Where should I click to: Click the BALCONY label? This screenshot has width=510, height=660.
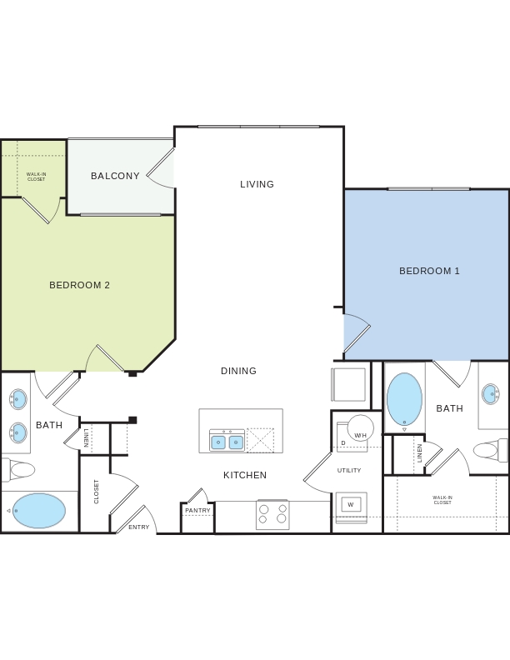click(x=115, y=176)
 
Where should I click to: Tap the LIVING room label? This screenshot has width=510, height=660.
click(x=257, y=184)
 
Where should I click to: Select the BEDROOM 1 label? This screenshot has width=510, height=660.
click(x=429, y=271)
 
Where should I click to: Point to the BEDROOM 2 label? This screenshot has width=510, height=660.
click(x=79, y=285)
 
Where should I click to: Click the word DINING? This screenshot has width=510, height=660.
click(x=238, y=371)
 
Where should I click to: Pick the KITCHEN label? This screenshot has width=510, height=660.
click(x=245, y=475)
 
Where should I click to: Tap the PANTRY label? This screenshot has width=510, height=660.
click(x=197, y=511)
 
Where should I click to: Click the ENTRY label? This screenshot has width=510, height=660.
click(x=139, y=527)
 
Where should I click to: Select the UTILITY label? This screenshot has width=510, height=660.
click(x=349, y=471)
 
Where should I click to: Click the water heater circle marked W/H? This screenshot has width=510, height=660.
click(x=360, y=428)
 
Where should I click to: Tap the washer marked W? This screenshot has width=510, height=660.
click(x=351, y=505)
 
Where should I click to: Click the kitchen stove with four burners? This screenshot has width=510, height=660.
click(x=272, y=514)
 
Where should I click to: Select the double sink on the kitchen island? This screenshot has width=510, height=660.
click(x=227, y=442)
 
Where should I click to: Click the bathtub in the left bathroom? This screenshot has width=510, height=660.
click(x=39, y=511)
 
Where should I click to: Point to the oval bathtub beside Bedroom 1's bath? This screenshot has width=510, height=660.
click(x=404, y=398)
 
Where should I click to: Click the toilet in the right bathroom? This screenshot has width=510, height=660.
click(x=488, y=450)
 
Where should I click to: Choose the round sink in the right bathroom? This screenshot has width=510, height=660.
click(x=490, y=394)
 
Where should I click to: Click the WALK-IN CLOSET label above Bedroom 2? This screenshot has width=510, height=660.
click(x=36, y=177)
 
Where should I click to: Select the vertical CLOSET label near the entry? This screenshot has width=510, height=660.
click(x=97, y=491)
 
